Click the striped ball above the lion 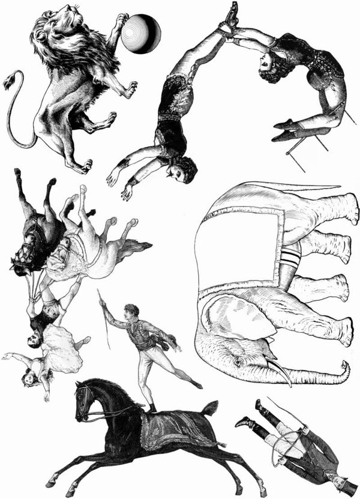[141, 33]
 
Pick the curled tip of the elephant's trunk [344, 367]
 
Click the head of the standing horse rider [133, 312]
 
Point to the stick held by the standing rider [104, 318]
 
